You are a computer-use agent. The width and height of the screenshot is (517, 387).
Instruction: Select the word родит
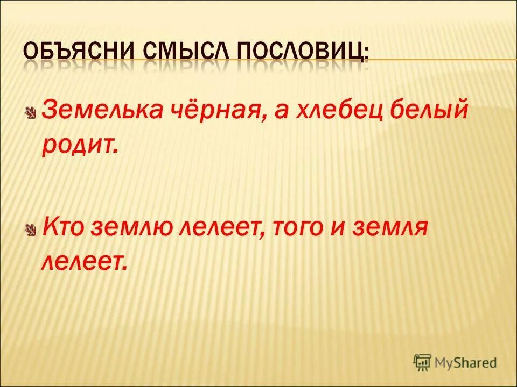pyautogui.click(x=79, y=146)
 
